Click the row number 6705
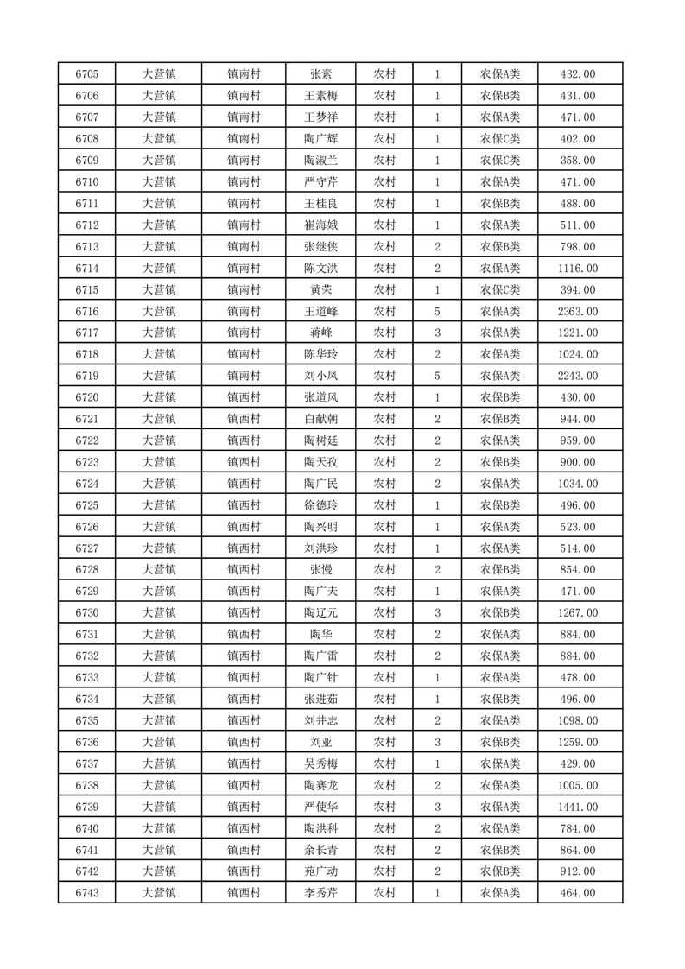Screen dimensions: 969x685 (86, 74)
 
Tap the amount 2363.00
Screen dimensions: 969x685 (578, 311)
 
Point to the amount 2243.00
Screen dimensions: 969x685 (578, 376)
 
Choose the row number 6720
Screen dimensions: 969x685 (86, 397)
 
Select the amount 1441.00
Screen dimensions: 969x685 (578, 807)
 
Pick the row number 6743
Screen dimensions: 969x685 (86, 893)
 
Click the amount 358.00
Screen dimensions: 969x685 (578, 161)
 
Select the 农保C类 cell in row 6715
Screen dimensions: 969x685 (499, 289)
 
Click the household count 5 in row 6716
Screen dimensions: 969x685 (438, 311)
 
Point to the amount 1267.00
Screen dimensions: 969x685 (578, 613)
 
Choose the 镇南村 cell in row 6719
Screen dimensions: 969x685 (244, 376)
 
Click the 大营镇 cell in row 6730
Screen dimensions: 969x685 (159, 613)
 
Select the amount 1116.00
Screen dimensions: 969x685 (578, 269)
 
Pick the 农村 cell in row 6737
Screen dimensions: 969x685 (384, 763)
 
